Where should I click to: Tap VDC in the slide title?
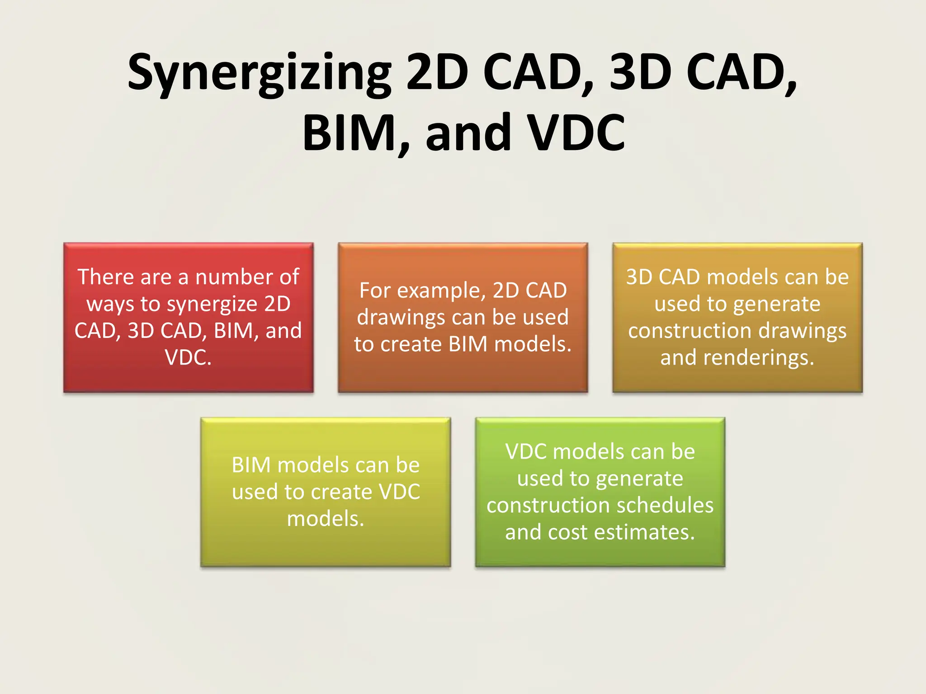pyautogui.click(x=577, y=133)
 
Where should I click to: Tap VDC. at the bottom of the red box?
pyautogui.click(x=188, y=357)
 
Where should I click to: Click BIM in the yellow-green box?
pyautogui.click(x=251, y=465)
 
